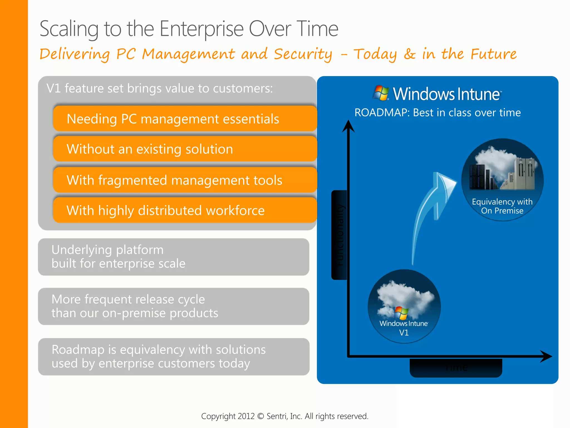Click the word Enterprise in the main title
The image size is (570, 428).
(202, 29)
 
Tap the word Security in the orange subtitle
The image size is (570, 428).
(303, 54)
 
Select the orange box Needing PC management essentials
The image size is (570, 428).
(185, 119)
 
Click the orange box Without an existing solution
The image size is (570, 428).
(185, 149)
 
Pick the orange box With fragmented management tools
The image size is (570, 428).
(185, 180)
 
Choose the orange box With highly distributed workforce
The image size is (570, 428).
(185, 210)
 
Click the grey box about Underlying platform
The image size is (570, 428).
(173, 257)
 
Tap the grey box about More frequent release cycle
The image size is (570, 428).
(173, 306)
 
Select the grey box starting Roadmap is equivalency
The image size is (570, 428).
(173, 356)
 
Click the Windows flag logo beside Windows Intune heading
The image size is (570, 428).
(381, 93)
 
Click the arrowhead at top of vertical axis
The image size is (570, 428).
(348, 126)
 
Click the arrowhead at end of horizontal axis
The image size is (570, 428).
(546, 356)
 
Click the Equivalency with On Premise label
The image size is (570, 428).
(502, 206)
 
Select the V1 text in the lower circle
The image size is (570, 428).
(404, 333)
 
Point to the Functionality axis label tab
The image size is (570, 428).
(339, 235)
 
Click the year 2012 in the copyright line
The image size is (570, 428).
(246, 416)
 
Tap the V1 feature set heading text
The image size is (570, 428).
(159, 89)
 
